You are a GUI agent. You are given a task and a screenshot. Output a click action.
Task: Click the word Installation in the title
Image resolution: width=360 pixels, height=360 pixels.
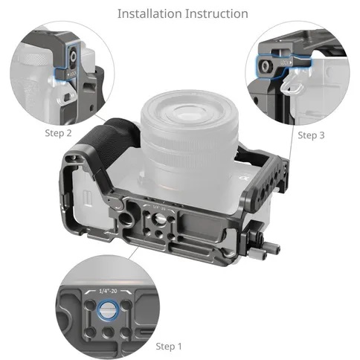[x=150, y=13]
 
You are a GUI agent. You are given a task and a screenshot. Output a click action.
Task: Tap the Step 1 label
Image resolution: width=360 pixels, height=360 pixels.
[x=169, y=347]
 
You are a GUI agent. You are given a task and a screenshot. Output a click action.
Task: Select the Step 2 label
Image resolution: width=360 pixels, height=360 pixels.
[x=58, y=133]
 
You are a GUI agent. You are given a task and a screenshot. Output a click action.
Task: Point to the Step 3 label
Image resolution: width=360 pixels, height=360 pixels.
[x=311, y=135]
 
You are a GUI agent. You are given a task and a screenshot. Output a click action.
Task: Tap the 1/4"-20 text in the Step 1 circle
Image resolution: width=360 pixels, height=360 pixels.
[x=108, y=291]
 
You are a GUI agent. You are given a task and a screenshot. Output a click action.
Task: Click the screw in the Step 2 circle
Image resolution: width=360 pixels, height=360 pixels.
[x=74, y=57]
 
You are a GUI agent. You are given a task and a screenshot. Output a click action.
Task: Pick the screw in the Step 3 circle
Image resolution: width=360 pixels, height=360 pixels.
[x=265, y=65]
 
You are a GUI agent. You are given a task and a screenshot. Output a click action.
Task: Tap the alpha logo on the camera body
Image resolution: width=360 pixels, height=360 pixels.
[x=242, y=179]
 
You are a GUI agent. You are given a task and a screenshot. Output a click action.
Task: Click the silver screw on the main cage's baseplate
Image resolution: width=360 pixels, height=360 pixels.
[x=158, y=218]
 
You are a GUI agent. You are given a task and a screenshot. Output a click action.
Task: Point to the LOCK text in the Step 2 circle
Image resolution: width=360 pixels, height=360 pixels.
[x=72, y=74]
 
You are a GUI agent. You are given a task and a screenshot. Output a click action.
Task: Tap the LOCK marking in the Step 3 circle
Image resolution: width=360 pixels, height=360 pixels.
[x=286, y=62]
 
